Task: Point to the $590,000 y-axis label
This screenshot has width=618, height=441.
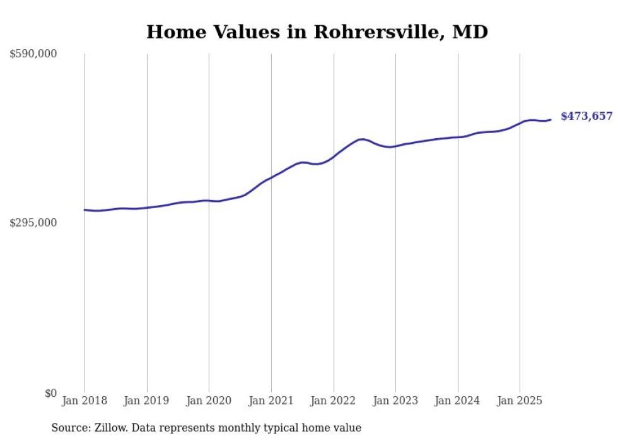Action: click(x=33, y=54)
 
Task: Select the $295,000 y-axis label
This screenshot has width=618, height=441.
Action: click(x=33, y=223)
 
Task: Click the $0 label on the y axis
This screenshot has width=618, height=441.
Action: click(x=50, y=393)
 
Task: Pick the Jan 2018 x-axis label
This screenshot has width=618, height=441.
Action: click(x=85, y=401)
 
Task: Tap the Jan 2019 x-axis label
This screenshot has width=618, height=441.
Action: click(x=147, y=401)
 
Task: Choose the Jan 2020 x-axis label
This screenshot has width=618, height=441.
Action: click(x=209, y=401)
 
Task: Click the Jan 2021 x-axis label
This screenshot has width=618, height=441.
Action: click(x=271, y=401)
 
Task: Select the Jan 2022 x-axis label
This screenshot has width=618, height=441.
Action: click(x=334, y=401)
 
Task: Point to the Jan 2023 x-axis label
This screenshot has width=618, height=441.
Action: click(x=395, y=401)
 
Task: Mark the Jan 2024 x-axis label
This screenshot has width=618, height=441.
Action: click(x=458, y=401)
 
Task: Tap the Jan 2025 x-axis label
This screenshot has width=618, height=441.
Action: click(x=520, y=401)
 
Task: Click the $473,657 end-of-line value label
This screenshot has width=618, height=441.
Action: click(x=586, y=116)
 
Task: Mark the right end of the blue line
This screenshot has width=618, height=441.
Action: click(x=551, y=120)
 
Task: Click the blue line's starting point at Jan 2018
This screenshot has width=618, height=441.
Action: click(x=85, y=209)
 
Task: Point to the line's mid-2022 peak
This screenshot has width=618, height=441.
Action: click(x=361, y=139)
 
